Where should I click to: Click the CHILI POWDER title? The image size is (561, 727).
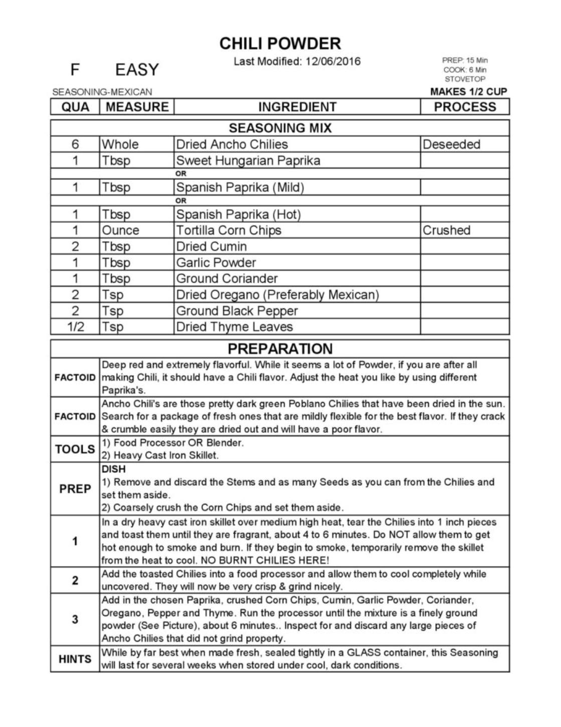click(280, 44)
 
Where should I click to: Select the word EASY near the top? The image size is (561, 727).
click(136, 70)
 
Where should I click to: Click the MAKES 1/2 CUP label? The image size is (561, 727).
click(468, 92)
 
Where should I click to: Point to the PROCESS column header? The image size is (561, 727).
click(465, 107)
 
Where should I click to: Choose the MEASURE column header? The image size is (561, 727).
click(137, 107)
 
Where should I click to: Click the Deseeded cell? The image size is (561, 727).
click(451, 144)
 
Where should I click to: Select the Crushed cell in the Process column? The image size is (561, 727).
click(446, 230)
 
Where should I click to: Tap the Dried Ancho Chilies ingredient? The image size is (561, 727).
click(232, 144)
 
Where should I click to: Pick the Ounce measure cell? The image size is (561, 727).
click(120, 230)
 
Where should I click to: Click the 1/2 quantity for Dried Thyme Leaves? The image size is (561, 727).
click(75, 327)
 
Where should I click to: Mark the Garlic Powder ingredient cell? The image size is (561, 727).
click(216, 263)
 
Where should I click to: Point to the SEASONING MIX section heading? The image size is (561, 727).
click(280, 128)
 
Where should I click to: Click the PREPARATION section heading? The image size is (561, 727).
click(280, 348)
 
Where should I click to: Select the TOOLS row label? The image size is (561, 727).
click(75, 449)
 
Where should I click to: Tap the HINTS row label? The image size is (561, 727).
click(75, 659)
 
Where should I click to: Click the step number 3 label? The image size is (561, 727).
click(75, 619)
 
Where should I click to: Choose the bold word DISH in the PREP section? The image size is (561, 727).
click(113, 469)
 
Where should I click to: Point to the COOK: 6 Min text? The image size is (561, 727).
click(465, 70)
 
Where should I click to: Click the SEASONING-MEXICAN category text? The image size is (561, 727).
click(102, 92)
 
